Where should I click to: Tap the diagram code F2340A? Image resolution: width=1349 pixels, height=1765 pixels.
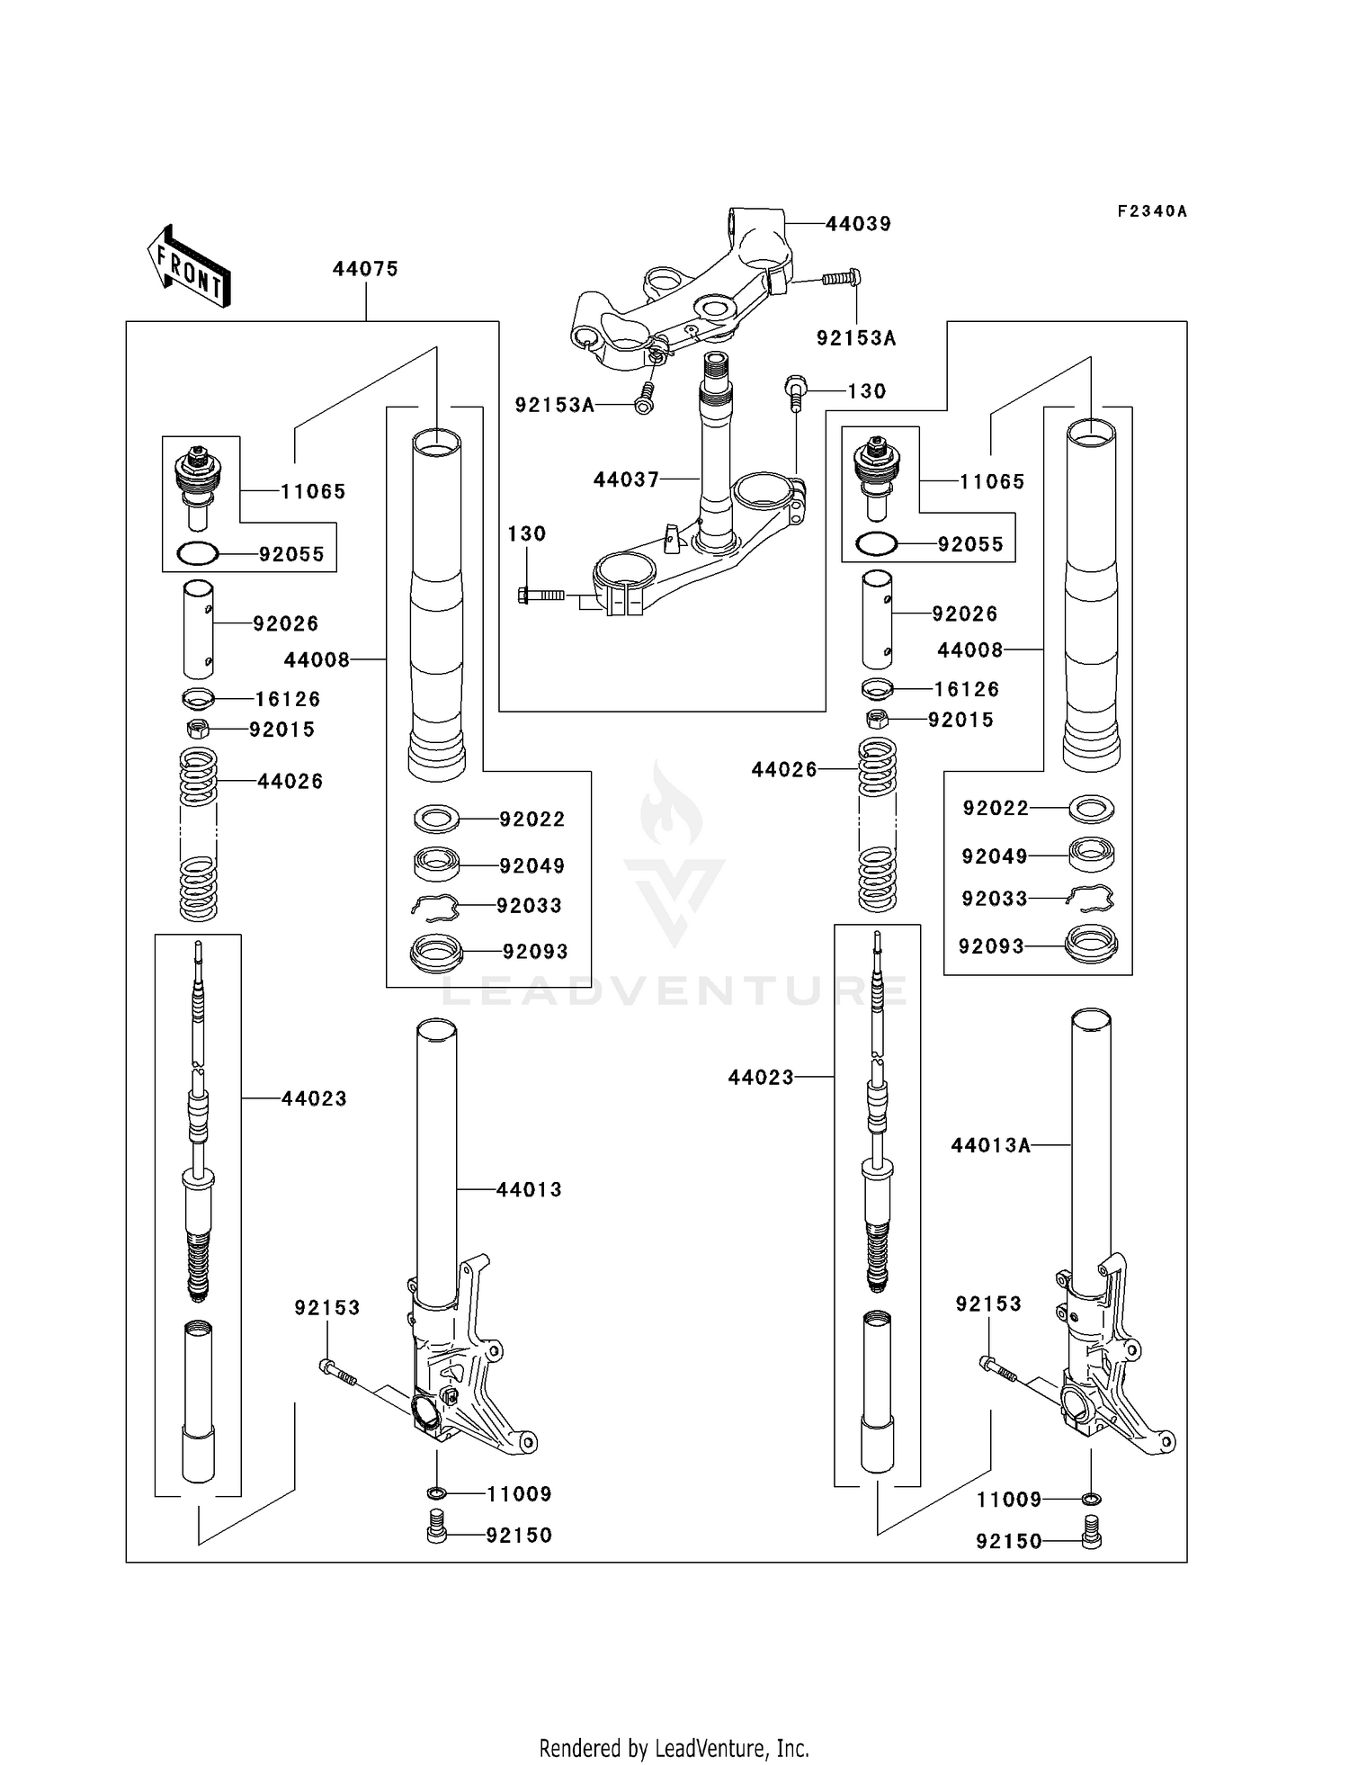pyautogui.click(x=1151, y=211)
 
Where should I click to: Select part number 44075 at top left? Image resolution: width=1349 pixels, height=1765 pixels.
pyautogui.click(x=364, y=268)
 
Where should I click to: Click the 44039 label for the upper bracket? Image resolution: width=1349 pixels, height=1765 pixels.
pyautogui.click(x=858, y=224)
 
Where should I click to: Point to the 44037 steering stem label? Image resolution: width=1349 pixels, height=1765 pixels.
pyautogui.click(x=626, y=479)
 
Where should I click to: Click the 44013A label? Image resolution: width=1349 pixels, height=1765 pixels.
pyautogui.click(x=990, y=1145)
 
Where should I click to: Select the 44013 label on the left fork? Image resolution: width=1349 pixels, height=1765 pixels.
pyautogui.click(x=529, y=1189)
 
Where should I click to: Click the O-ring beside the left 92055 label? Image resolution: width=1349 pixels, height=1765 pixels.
pyautogui.click(x=198, y=554)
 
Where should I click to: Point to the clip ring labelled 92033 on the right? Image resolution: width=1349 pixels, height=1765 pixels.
pyautogui.click(x=1090, y=897)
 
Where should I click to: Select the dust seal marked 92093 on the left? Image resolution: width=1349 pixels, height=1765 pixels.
pyautogui.click(x=436, y=951)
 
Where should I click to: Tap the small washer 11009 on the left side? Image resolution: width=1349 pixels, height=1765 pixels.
pyautogui.click(x=437, y=1494)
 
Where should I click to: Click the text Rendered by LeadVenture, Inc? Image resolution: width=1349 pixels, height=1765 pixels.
pyautogui.click(x=674, y=1748)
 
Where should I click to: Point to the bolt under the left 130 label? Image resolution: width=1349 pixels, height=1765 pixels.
pyautogui.click(x=540, y=595)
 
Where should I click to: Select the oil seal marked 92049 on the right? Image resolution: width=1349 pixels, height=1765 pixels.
pyautogui.click(x=1091, y=854)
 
